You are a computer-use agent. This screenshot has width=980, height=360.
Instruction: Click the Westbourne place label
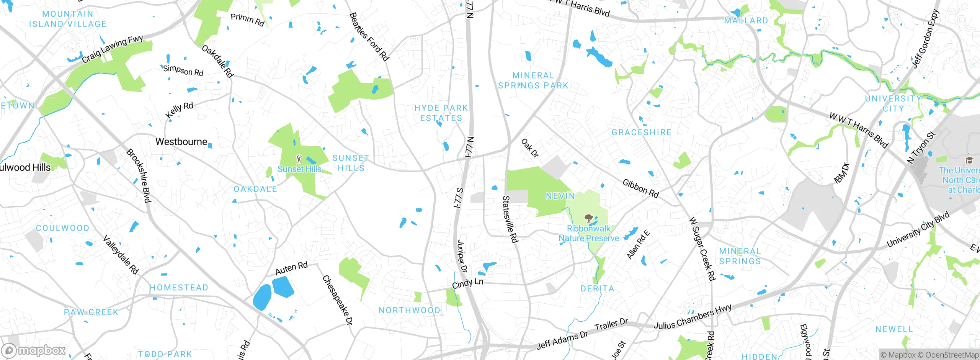(x=181, y=142)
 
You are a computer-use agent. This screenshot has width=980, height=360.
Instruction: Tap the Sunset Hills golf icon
(x=299, y=159)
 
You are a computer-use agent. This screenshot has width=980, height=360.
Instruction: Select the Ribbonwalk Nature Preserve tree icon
(x=588, y=219)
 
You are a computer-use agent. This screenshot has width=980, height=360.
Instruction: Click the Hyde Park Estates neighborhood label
(x=441, y=113)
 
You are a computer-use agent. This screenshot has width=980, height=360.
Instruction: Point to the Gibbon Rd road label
(x=640, y=188)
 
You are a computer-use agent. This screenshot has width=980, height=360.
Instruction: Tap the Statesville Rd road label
(x=510, y=219)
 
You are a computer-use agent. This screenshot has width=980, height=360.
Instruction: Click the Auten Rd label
(x=291, y=268)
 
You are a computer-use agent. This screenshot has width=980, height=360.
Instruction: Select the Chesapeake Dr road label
(x=337, y=300)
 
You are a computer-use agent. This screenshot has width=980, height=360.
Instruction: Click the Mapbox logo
(x=34, y=350)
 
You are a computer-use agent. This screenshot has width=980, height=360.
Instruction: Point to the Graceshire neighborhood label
(x=641, y=133)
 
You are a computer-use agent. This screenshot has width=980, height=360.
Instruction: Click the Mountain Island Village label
(x=68, y=19)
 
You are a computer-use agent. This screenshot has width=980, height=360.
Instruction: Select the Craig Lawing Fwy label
(x=112, y=49)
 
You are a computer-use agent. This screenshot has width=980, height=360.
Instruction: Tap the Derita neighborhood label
(x=597, y=288)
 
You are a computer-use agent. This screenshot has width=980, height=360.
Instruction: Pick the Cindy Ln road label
(x=467, y=283)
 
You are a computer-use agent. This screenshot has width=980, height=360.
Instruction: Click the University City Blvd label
(x=918, y=229)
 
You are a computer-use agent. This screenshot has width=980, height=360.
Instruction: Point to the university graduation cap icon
(x=969, y=160)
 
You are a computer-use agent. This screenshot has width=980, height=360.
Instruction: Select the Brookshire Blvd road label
(x=139, y=175)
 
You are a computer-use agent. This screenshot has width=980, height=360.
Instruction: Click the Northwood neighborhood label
(x=409, y=310)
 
